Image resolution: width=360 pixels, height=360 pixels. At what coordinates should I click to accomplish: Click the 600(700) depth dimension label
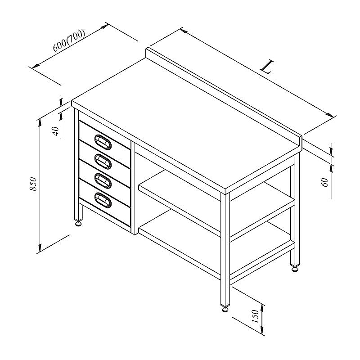click(69, 40)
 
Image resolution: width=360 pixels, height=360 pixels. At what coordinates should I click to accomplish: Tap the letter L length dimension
click(267, 67)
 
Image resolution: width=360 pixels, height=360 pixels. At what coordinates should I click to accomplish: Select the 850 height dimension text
click(33, 184)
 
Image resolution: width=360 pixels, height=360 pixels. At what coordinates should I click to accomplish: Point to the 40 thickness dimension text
click(56, 131)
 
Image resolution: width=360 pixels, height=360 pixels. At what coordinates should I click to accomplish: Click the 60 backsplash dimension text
click(325, 182)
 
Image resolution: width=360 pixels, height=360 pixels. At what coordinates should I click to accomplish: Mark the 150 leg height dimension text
click(255, 316)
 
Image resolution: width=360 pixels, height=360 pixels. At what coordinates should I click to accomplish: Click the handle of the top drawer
click(103, 142)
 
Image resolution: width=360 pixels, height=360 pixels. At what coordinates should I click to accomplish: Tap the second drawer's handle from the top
click(103, 162)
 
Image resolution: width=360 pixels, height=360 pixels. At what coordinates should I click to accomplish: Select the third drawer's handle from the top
click(103, 181)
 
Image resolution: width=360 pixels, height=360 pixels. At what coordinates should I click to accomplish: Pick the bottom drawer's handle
click(103, 200)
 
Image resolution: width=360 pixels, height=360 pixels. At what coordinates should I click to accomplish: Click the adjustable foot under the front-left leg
click(78, 223)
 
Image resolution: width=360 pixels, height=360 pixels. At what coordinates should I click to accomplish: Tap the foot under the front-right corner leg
click(225, 309)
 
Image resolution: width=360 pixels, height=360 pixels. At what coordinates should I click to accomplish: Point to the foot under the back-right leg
click(295, 269)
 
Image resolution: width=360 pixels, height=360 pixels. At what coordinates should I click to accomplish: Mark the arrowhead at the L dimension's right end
click(330, 115)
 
